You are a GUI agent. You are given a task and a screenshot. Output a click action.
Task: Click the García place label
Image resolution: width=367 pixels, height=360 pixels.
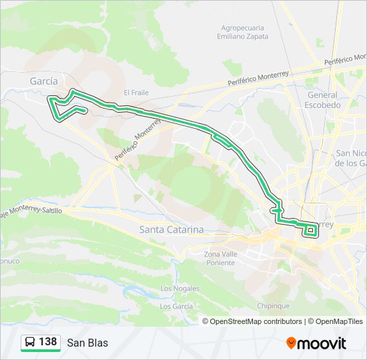click(43, 81)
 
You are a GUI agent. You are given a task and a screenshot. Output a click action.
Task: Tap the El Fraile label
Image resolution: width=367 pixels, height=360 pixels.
click(135, 93)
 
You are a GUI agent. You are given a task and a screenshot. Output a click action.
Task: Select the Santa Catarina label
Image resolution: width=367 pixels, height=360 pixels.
click(171, 229)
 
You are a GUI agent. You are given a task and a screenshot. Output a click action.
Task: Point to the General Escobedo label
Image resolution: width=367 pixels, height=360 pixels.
click(322, 100)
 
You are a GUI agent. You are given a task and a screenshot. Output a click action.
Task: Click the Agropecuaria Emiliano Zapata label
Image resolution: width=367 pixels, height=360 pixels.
click(244, 32)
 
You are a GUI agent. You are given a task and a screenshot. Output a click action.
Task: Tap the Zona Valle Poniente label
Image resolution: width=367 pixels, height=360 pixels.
click(220, 258)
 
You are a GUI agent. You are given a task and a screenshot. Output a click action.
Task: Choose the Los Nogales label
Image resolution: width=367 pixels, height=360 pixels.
click(180, 288)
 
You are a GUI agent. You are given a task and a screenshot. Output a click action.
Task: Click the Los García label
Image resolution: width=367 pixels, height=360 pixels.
click(177, 306)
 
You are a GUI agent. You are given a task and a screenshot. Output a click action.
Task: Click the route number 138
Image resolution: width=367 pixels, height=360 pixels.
click(47, 342)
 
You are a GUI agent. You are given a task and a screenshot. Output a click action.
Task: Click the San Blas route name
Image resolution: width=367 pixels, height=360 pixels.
click(87, 343)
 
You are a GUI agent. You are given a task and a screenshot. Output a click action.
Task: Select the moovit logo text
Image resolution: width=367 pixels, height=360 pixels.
click(322, 343)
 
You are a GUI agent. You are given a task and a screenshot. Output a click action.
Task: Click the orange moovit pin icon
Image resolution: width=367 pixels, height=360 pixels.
click(291, 343)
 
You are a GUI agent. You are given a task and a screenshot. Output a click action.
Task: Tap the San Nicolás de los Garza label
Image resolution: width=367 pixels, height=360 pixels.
click(350, 157)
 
